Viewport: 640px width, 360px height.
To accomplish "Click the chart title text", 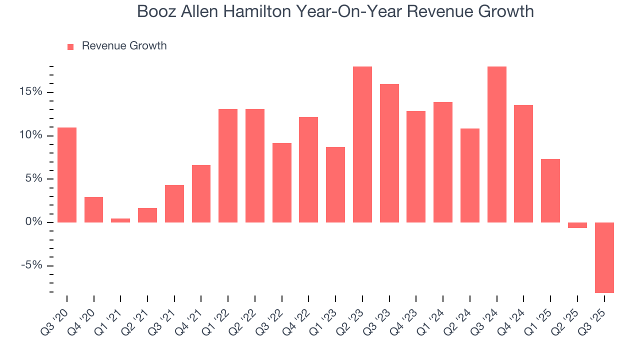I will pos(335,11).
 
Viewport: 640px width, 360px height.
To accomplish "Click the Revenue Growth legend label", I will pos(124,46).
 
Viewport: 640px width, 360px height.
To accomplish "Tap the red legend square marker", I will pos(70,46).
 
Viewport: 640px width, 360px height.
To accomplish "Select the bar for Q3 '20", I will pos(67,174).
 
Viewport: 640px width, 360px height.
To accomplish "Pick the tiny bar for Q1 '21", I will pos(120,220).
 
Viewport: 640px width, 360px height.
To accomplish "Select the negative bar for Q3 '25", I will pos(604,257).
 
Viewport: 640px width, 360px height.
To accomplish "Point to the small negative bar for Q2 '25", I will pos(577,225).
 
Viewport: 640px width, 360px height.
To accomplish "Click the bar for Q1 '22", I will pos(228,165).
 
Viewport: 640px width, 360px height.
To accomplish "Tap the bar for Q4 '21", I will pos(201,193).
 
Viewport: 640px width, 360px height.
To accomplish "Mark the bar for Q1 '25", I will pos(550,190).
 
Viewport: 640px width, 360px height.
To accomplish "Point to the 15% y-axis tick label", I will pos(31,92).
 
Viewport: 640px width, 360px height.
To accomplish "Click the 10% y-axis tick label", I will pos(31,135).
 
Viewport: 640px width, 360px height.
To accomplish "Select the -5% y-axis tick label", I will pos(31,265).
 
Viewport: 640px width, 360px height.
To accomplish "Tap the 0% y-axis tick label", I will pos(33,222).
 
